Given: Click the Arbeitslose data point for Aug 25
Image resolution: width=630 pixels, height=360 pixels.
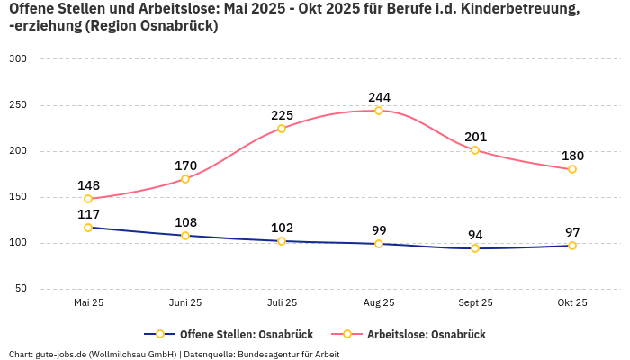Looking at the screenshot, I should click(x=379, y=111).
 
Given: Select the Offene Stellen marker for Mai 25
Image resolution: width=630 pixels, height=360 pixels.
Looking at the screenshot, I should click(x=88, y=228).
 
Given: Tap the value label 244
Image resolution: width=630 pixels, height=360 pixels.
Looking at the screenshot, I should click(x=379, y=97).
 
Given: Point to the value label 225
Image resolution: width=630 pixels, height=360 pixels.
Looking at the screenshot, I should click(x=282, y=115).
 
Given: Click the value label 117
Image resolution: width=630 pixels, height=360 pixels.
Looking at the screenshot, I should click(x=88, y=214).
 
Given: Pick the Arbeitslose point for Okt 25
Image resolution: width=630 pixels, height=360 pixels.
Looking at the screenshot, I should click(x=572, y=169).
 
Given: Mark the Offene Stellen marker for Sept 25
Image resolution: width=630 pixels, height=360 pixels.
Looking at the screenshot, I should click(x=475, y=248).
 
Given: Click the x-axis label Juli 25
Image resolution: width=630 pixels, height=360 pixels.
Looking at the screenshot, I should click(x=282, y=302).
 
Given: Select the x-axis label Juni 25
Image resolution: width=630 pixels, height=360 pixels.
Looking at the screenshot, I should click(x=185, y=302).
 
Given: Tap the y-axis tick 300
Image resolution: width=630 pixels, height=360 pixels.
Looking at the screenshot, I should click(x=18, y=58).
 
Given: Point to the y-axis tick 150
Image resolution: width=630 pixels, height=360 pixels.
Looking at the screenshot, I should click(x=18, y=197).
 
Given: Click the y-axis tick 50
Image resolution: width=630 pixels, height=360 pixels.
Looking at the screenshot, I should click(x=21, y=289).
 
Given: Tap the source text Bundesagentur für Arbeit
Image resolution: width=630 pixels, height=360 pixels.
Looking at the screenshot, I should click(x=288, y=354).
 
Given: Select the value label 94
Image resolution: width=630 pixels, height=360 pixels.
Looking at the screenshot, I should click(x=475, y=235).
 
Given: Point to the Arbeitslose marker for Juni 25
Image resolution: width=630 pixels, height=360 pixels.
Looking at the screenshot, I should click(x=185, y=179).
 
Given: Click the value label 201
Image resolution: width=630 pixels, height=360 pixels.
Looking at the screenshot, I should click(x=475, y=137).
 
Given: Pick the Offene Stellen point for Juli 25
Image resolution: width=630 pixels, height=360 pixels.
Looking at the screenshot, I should click(x=282, y=241).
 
